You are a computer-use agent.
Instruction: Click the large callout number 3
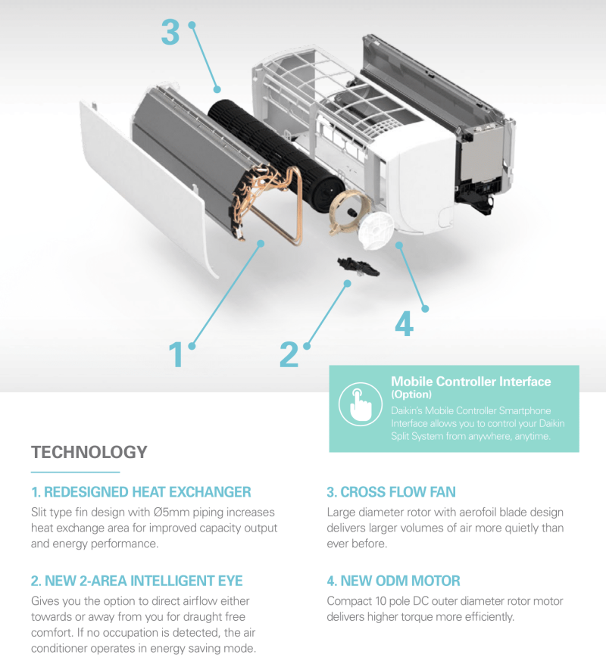point(170,33)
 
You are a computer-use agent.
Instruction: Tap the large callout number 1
point(176,354)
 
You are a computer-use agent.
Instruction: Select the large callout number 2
point(289,354)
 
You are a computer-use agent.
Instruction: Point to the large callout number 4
point(404,324)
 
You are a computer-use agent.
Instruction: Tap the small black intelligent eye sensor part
point(353,266)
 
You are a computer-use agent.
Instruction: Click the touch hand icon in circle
point(359,407)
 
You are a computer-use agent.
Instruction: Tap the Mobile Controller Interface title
point(470,382)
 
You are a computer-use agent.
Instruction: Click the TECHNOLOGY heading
point(89,453)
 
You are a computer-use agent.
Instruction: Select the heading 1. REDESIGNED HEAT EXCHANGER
point(141,492)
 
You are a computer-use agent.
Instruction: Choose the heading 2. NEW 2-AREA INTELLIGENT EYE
point(137,581)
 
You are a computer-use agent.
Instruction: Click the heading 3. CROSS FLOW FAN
point(391,492)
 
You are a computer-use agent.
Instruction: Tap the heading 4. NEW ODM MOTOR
point(393,581)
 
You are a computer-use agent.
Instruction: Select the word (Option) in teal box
point(411,394)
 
